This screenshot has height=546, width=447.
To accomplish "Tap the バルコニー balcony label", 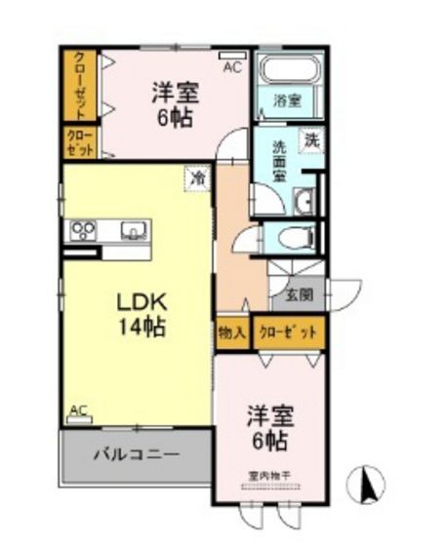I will pyautogui.click(x=136, y=454).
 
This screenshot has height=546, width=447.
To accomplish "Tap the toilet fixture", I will pyautogui.click(x=297, y=235).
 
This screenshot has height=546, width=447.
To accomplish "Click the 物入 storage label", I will pyautogui.click(x=232, y=332).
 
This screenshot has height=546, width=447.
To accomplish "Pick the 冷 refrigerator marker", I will pyautogui.click(x=198, y=178).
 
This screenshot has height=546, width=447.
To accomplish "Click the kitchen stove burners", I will pyautogui.click(x=82, y=231).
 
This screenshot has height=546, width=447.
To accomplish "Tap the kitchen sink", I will pyautogui.click(x=134, y=231).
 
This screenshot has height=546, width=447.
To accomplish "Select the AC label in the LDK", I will pyautogui.click(x=79, y=410).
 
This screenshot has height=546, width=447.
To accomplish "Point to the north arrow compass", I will pyautogui.click(x=368, y=484).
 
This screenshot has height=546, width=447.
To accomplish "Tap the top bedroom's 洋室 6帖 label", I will pyautogui.click(x=176, y=105).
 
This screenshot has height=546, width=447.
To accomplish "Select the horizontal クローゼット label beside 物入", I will pyautogui.click(x=288, y=332).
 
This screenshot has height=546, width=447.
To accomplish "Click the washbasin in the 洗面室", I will pyautogui.click(x=303, y=202).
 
